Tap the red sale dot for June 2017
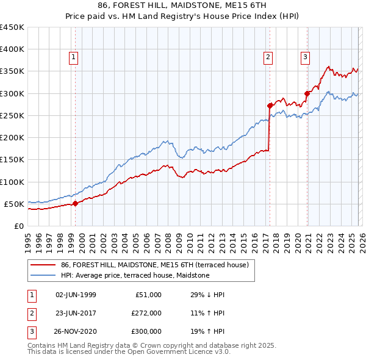coord(270,106)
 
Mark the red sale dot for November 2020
coord(307,93)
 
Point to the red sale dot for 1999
coord(75,203)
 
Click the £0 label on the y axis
coord(18,226)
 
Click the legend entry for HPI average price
coord(135,276)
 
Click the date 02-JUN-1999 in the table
coord(76,295)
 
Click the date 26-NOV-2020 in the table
coord(76,333)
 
